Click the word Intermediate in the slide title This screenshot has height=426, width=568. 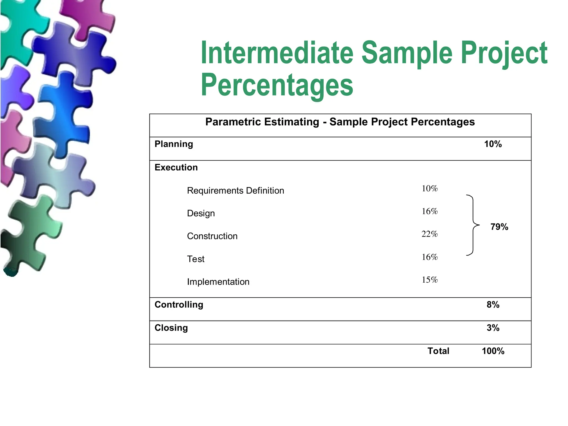(x=277, y=53)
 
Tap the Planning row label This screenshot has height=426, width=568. (x=174, y=144)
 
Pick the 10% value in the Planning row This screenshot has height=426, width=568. (x=493, y=144)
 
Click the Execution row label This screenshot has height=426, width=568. (x=176, y=168)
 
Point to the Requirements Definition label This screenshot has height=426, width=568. (x=235, y=191)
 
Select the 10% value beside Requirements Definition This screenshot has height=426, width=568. (x=430, y=189)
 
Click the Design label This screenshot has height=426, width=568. (x=201, y=213)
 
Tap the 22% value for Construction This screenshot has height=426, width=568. (x=430, y=234)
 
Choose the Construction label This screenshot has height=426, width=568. (x=212, y=236)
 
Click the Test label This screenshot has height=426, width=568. (x=196, y=259)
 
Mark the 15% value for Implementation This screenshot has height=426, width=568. (x=430, y=280)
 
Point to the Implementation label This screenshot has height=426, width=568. (x=218, y=282)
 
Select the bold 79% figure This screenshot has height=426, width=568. (x=499, y=227)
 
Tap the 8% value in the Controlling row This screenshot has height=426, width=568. (x=493, y=305)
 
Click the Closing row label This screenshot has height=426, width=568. (x=171, y=328)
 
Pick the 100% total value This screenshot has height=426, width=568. (x=493, y=351)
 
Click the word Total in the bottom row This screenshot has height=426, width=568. (x=438, y=351)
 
